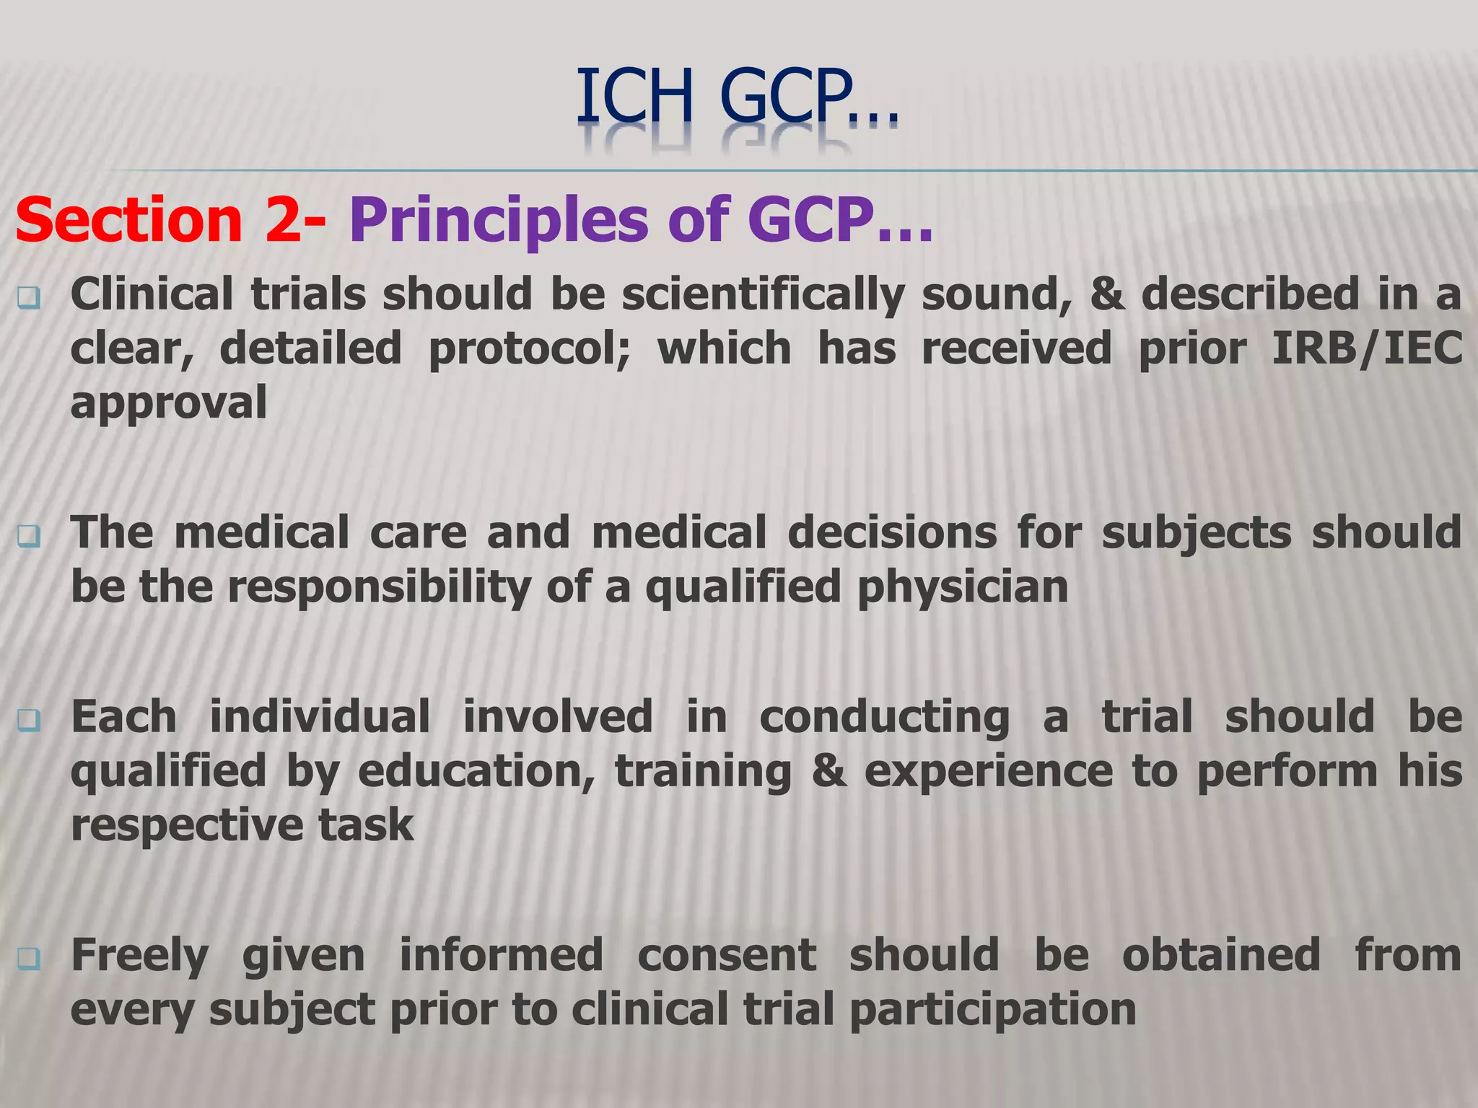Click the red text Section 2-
(x=170, y=220)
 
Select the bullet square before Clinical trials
(x=29, y=296)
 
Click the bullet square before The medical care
(x=29, y=535)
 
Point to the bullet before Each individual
(x=29, y=719)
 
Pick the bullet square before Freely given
(x=29, y=957)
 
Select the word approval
(x=169, y=403)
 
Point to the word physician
(x=963, y=586)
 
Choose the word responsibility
(x=380, y=586)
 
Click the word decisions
(x=892, y=533)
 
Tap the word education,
(x=476, y=771)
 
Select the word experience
(x=989, y=771)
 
